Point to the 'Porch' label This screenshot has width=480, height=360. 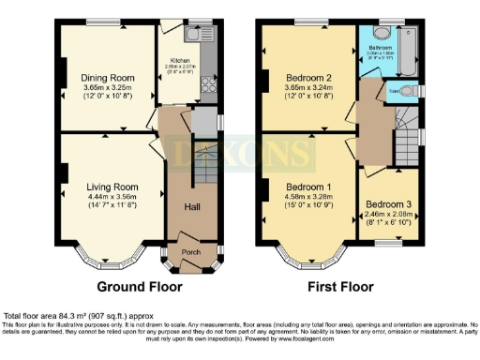pos(190,251)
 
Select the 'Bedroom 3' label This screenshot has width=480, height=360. pos(388,203)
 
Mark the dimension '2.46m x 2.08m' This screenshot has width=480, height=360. pos(388,215)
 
